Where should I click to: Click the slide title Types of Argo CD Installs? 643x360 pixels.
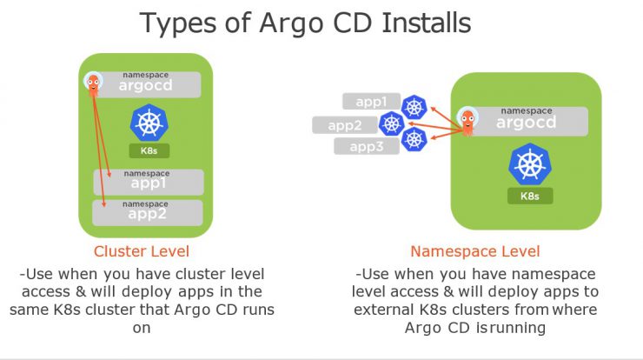(305, 23)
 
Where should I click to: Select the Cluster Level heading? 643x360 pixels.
(142, 251)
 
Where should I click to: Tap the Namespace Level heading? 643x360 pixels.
(475, 251)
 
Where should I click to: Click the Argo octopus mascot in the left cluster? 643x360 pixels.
(93, 83)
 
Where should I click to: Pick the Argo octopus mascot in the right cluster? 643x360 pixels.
(467, 121)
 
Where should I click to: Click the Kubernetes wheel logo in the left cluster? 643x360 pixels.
(149, 123)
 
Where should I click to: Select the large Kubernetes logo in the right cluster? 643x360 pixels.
(530, 163)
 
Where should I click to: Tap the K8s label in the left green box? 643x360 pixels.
(149, 150)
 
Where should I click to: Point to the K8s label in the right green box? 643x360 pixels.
(530, 196)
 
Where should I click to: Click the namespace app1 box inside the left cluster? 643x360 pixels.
(149, 182)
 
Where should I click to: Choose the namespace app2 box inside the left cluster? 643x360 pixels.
(148, 213)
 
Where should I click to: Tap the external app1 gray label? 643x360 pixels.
(371, 102)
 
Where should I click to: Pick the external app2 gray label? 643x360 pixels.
(344, 125)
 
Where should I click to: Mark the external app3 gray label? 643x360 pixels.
(366, 146)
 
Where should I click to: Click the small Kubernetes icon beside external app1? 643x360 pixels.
(414, 107)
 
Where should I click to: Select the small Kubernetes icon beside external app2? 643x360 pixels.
(392, 123)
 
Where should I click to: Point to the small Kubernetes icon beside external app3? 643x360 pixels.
(414, 140)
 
